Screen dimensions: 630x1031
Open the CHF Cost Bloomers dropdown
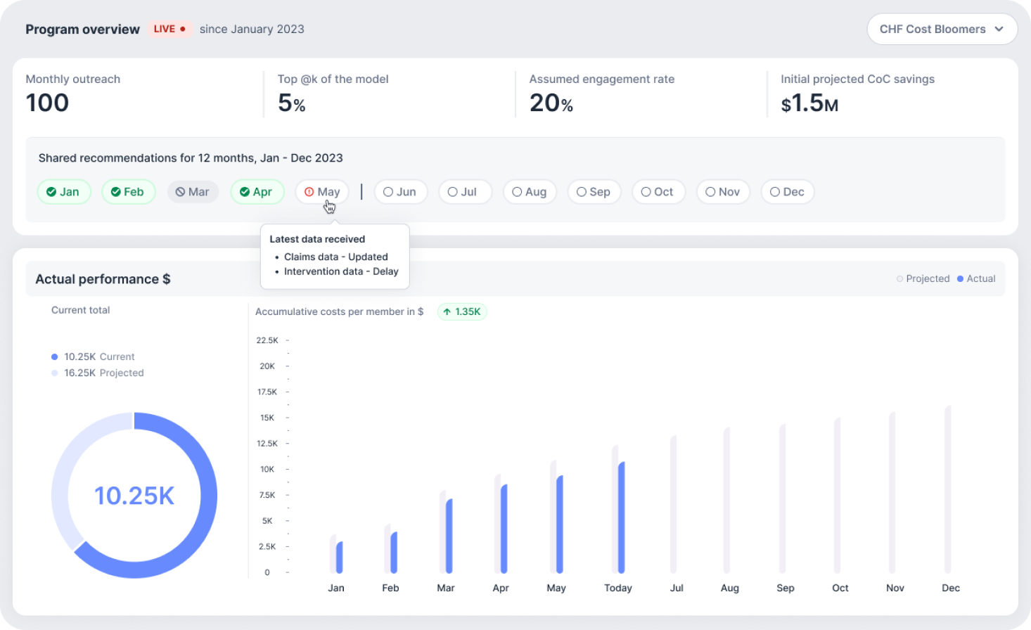pyautogui.click(x=942, y=30)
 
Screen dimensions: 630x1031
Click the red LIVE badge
pyautogui.click(x=169, y=30)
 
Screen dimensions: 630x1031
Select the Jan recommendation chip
pyautogui.click(x=63, y=192)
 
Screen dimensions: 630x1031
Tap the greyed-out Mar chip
pyautogui.click(x=193, y=192)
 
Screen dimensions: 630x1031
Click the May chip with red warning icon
pyautogui.click(x=322, y=192)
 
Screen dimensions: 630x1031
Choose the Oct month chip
pyautogui.click(x=658, y=192)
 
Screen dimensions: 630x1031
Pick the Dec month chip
pyautogui.click(x=787, y=192)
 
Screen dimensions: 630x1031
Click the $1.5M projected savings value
pyautogui.click(x=809, y=103)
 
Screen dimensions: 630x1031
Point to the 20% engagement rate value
pyautogui.click(x=551, y=103)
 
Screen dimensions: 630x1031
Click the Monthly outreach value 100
pyautogui.click(x=47, y=103)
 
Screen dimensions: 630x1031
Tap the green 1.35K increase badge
pyautogui.click(x=462, y=311)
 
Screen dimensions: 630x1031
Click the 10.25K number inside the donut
pyautogui.click(x=134, y=496)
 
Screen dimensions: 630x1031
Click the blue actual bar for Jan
pyautogui.click(x=340, y=557)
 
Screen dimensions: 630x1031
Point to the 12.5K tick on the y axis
pyautogui.click(x=267, y=444)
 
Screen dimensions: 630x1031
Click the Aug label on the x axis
pyautogui.click(x=729, y=588)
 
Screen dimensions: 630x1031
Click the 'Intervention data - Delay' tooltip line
pyautogui.click(x=340, y=271)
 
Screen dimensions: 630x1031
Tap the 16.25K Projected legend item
pyautogui.click(x=98, y=373)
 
